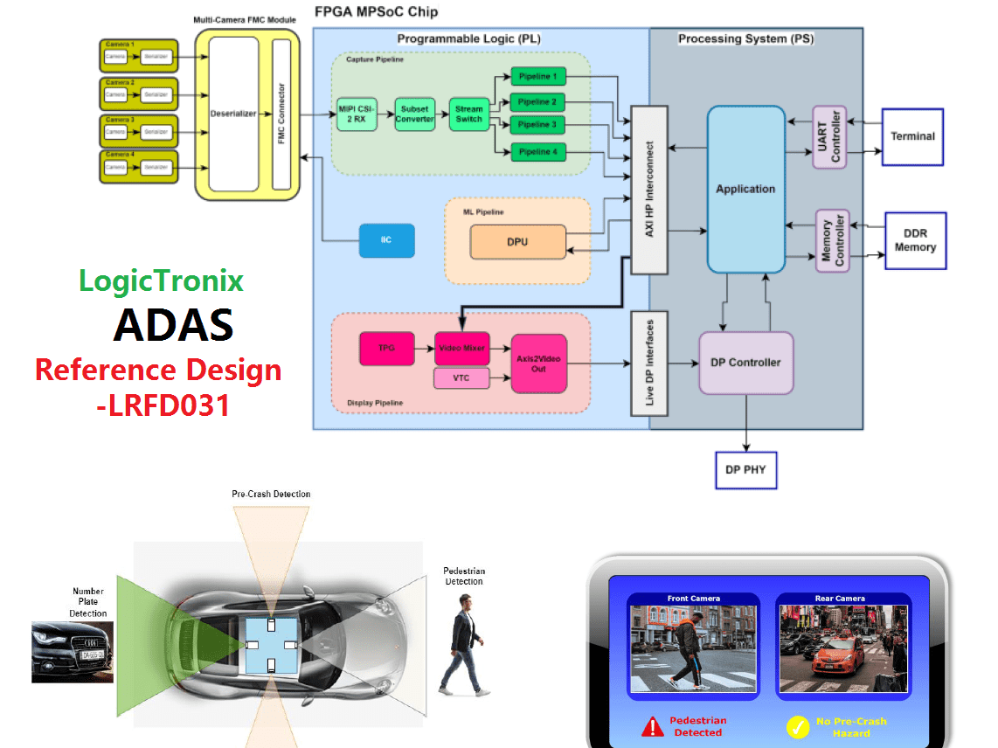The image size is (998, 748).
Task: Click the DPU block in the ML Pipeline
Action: click(x=517, y=242)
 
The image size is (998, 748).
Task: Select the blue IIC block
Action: click(x=386, y=240)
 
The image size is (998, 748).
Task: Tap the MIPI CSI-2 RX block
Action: click(x=357, y=114)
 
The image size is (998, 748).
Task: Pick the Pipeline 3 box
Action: click(x=537, y=126)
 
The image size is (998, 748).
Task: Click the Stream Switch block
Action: click(x=468, y=114)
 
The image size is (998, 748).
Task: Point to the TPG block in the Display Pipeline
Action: click(x=385, y=348)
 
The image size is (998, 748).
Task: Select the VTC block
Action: click(x=461, y=378)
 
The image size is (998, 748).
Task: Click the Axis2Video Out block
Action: click(x=538, y=363)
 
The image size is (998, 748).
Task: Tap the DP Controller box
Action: click(x=745, y=362)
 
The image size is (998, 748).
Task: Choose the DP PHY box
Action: click(x=745, y=469)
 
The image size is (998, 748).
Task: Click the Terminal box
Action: click(x=912, y=136)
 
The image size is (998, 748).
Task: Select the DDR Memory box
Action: click(x=915, y=240)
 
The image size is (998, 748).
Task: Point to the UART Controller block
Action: click(x=829, y=136)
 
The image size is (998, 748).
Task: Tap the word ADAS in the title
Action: click(x=173, y=325)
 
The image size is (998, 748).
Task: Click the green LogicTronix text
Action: click(x=161, y=280)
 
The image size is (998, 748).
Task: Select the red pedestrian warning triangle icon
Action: click(x=652, y=726)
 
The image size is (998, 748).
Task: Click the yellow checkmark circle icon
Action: click(x=797, y=726)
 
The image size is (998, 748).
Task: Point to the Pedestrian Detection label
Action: click(x=462, y=576)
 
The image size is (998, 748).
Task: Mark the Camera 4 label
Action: click(x=120, y=155)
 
